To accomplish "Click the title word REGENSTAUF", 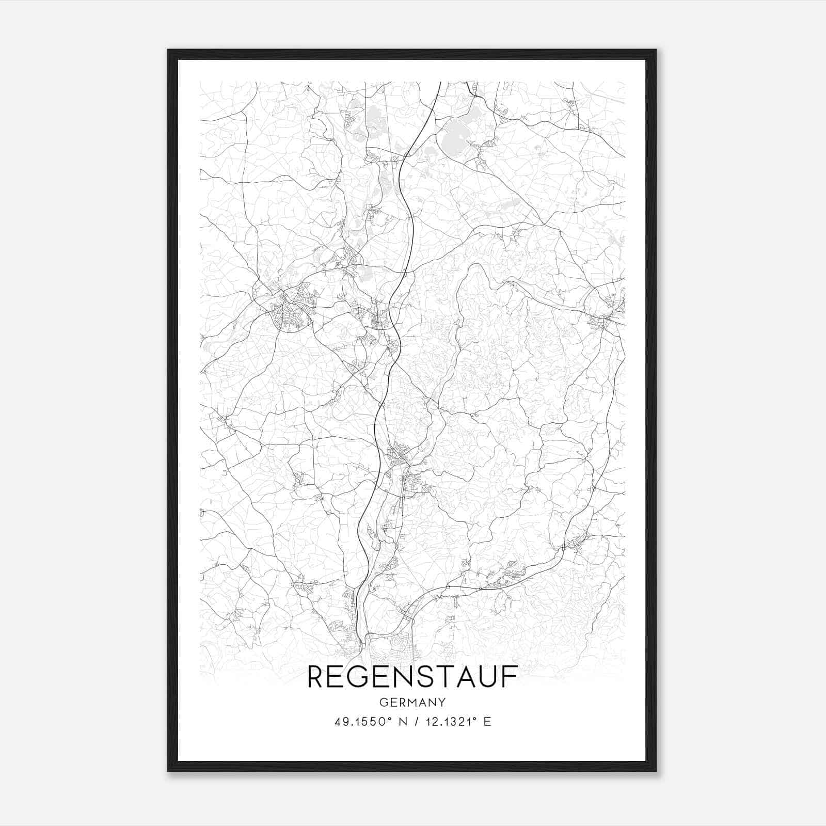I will click(412, 677).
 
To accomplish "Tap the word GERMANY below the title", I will click(412, 703).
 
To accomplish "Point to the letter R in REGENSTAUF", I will click(316, 677).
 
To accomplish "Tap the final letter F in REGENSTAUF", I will click(511, 677).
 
